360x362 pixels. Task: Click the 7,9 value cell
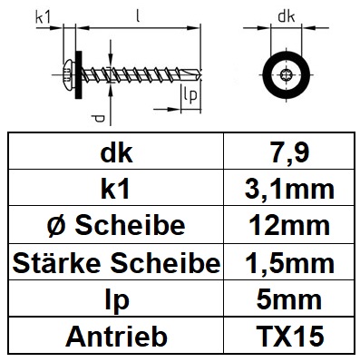(289, 152)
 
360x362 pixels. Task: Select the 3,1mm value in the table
(289, 190)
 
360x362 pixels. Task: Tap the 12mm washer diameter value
(289, 226)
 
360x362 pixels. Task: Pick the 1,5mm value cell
(289, 263)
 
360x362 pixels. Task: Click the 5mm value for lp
(289, 299)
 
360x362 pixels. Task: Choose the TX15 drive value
(289, 336)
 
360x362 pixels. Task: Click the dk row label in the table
(116, 153)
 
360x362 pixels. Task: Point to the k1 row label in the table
(116, 190)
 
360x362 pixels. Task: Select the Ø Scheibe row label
(116, 226)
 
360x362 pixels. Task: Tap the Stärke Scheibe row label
(116, 263)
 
